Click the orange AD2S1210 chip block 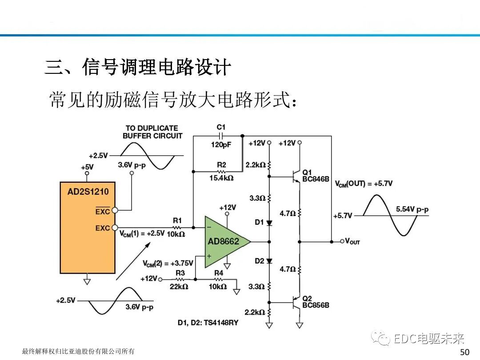pyautogui.click(x=88, y=228)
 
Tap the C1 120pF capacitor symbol pyautogui.click(x=221, y=136)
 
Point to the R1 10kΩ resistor pyautogui.click(x=177, y=227)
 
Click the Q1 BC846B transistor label pyautogui.click(x=315, y=176)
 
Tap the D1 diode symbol pyautogui.click(x=269, y=223)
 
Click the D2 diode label pyautogui.click(x=260, y=261)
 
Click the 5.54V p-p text pyautogui.click(x=412, y=209)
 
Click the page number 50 pyautogui.click(x=464, y=352)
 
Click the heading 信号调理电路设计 pyautogui.click(x=157, y=67)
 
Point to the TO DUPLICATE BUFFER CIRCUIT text pyautogui.click(x=152, y=132)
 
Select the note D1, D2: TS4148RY pyautogui.click(x=208, y=323)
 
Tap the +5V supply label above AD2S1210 pyautogui.click(x=87, y=167)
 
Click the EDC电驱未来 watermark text pyautogui.click(x=429, y=339)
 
